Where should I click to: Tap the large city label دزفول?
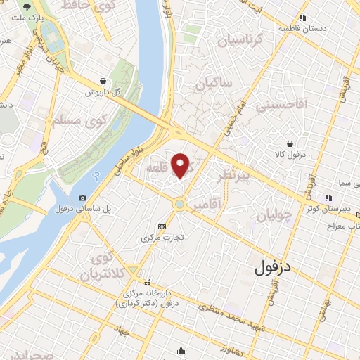pos(277,267)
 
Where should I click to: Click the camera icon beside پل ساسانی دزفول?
pos(83,198)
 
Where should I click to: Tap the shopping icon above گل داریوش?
pos(104,82)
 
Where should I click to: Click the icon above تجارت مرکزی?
pos(162,226)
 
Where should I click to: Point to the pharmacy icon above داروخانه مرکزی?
pos(147,282)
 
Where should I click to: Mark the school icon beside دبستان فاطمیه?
pos(302,18)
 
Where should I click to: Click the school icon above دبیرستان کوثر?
pos(327,197)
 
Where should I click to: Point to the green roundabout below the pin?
pos(180,204)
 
